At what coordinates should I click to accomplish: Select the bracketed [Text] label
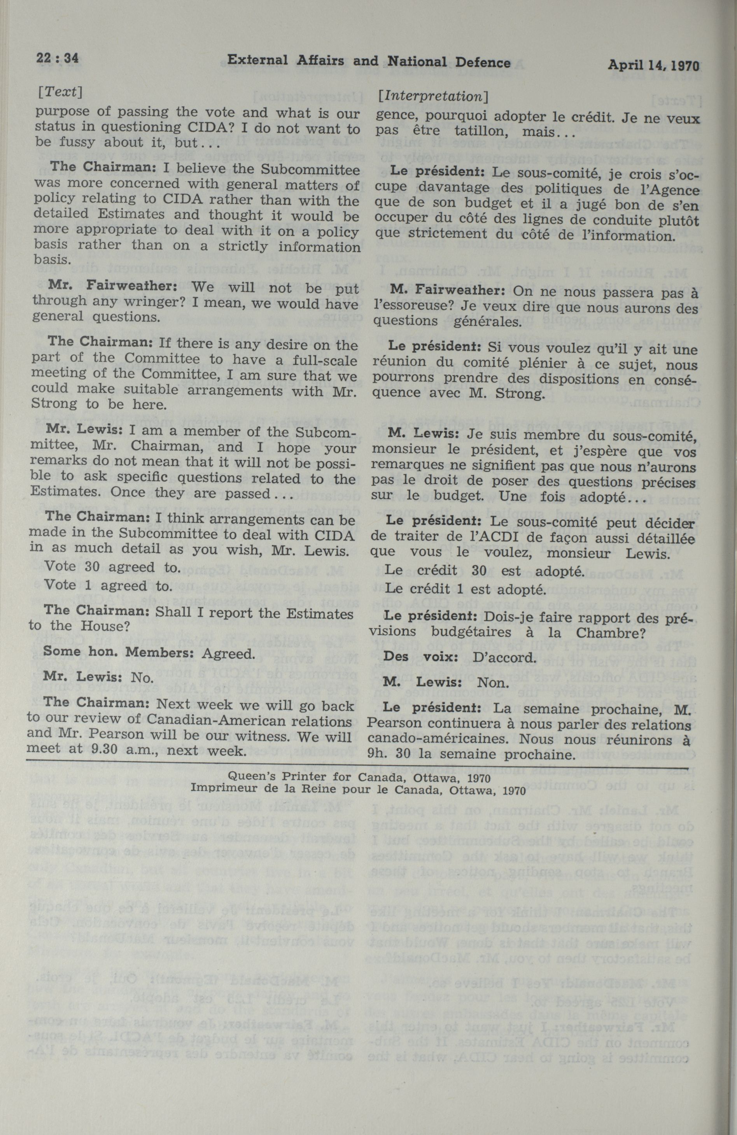[x=60, y=92]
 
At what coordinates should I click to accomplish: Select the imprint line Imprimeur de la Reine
[x=351, y=789]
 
